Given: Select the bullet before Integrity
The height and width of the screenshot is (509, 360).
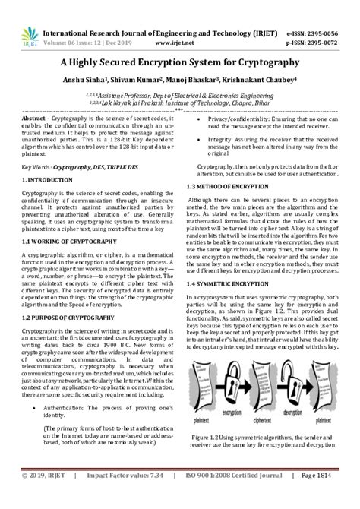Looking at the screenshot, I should click(x=200, y=141).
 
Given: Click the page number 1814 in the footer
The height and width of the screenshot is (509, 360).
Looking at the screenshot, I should click(x=341, y=498).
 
